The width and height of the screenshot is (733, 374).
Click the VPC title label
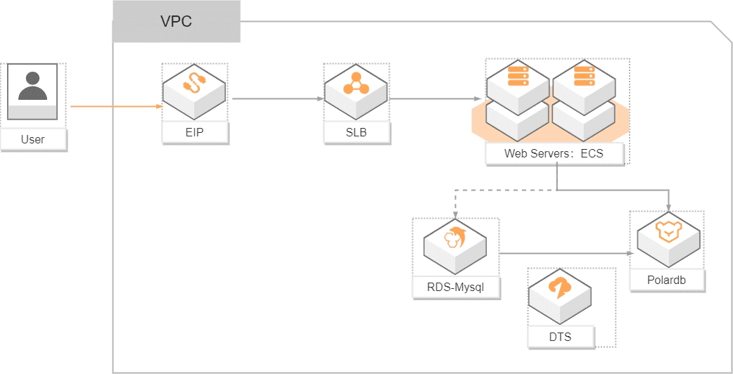(x=176, y=21)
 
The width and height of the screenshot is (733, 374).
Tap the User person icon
(x=32, y=87)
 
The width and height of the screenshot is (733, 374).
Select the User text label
(x=32, y=139)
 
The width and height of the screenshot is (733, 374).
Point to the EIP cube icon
(x=194, y=91)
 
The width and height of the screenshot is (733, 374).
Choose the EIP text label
(x=195, y=132)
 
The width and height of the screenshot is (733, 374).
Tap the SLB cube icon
(x=356, y=91)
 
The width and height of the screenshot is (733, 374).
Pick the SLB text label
(x=356, y=132)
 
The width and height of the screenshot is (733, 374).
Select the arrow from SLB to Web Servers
(x=436, y=99)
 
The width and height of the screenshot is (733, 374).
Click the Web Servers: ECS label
(x=554, y=153)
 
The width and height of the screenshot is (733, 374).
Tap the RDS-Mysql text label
(x=457, y=287)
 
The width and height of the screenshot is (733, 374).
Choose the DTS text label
(x=560, y=337)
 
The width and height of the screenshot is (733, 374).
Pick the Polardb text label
(x=667, y=280)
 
